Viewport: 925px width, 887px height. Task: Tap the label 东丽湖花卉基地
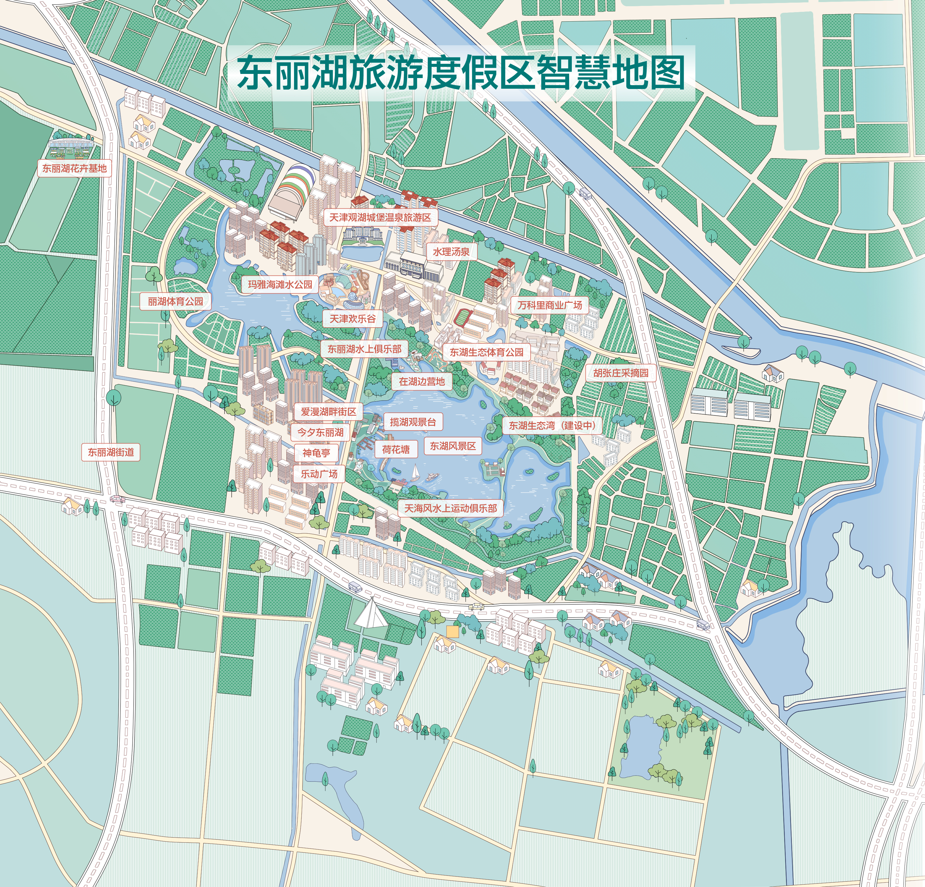(75, 169)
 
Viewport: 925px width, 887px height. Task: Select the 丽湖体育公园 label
(175, 302)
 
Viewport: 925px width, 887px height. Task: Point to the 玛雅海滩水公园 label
(280, 284)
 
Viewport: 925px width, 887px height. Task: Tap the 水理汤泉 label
(451, 252)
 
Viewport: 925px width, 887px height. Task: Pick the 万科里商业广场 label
(550, 305)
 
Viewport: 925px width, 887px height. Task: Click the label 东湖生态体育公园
(486, 352)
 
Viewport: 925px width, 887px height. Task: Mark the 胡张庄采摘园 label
(621, 373)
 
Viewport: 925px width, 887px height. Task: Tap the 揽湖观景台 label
(413, 422)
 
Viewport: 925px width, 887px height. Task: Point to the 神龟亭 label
(316, 453)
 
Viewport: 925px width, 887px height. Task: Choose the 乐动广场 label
(319, 474)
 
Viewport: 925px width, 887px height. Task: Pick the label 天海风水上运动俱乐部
(451, 508)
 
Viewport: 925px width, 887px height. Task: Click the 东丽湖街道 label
(111, 452)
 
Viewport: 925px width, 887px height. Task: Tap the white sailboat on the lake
(415, 472)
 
